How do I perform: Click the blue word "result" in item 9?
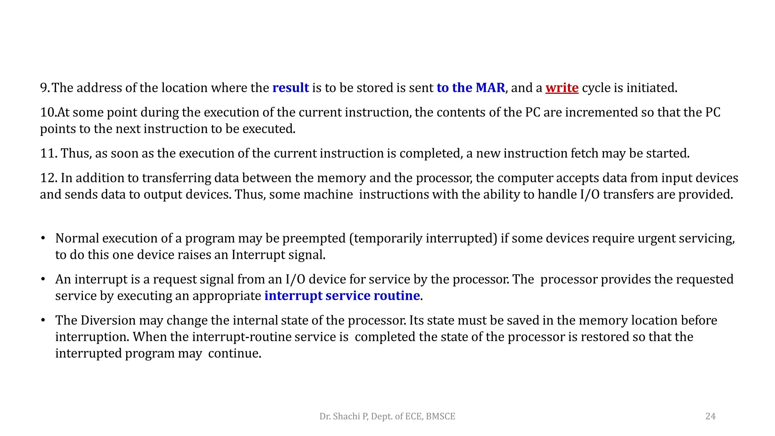(291, 88)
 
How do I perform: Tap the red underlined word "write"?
(562, 88)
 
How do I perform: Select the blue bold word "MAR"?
(490, 88)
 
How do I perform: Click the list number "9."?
(45, 88)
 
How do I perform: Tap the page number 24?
(710, 416)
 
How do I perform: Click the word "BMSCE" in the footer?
(440, 416)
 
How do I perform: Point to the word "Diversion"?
(108, 320)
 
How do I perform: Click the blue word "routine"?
(397, 296)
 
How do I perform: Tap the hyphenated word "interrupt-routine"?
(241, 337)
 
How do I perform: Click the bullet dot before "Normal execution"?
(43, 238)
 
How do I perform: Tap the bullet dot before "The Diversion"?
(43, 320)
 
